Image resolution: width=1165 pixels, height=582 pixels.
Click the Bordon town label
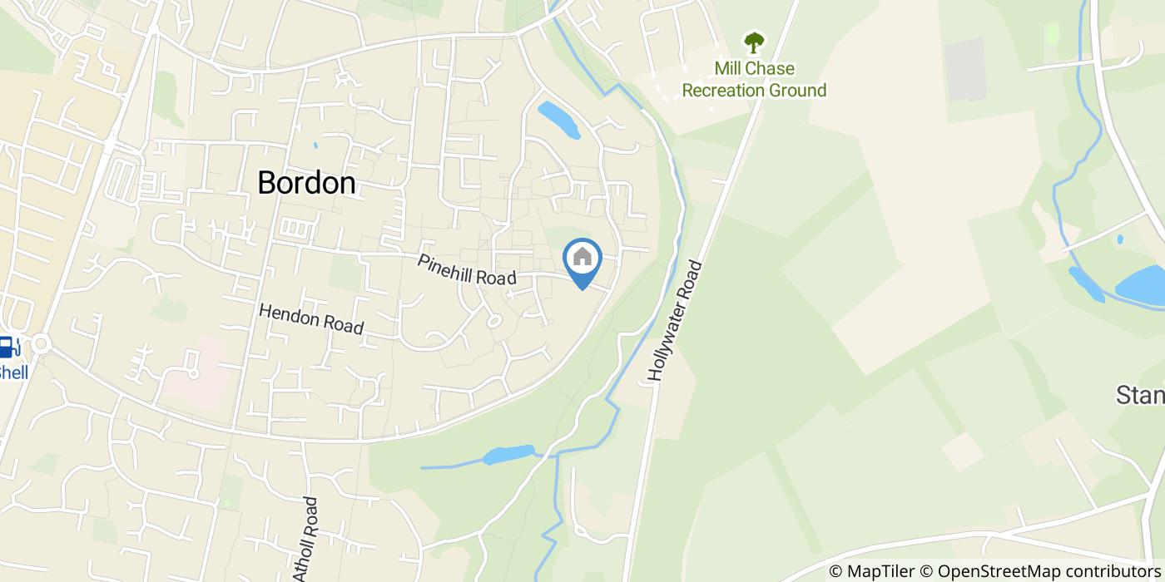[306, 183]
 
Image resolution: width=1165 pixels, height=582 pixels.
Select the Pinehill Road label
[467, 271]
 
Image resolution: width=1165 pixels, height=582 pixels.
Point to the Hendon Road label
[311, 318]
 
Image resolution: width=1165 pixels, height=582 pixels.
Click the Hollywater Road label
[674, 322]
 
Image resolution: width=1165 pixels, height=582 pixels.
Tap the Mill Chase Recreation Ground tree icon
[754, 42]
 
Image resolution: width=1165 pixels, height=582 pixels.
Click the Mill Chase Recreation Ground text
[754, 80]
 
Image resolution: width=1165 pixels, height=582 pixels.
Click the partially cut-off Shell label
[13, 372]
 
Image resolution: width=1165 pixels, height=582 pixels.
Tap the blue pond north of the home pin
[558, 120]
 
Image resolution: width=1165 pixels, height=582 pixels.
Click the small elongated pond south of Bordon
[508, 454]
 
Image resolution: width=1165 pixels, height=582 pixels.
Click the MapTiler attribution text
[870, 571]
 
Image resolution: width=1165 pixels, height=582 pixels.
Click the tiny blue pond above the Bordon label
[315, 145]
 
